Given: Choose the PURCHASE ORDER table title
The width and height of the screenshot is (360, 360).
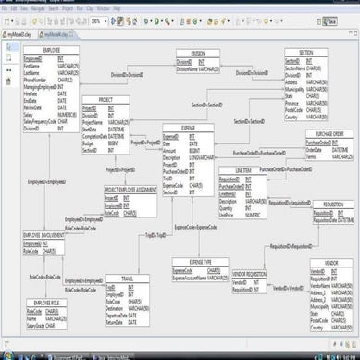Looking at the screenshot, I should pyautogui.click(x=328, y=133).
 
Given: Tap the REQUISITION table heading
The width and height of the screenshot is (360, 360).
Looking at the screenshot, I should pyautogui.click(x=332, y=203).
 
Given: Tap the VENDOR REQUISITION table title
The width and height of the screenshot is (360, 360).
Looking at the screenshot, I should pyautogui.click(x=249, y=274).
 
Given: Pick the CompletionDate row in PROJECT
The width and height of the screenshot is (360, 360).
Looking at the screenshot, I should pyautogui.click(x=98, y=138).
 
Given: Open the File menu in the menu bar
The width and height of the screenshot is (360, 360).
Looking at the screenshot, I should pyautogui.click(x=6, y=9).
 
